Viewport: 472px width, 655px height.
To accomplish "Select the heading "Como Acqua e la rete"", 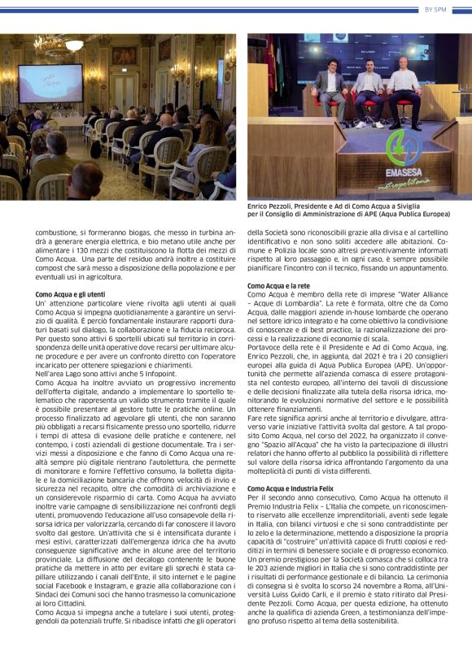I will click(x=279, y=285).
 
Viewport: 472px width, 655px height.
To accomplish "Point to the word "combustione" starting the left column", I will click(x=54, y=231).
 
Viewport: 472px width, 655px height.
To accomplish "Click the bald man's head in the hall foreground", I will click(x=87, y=173).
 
